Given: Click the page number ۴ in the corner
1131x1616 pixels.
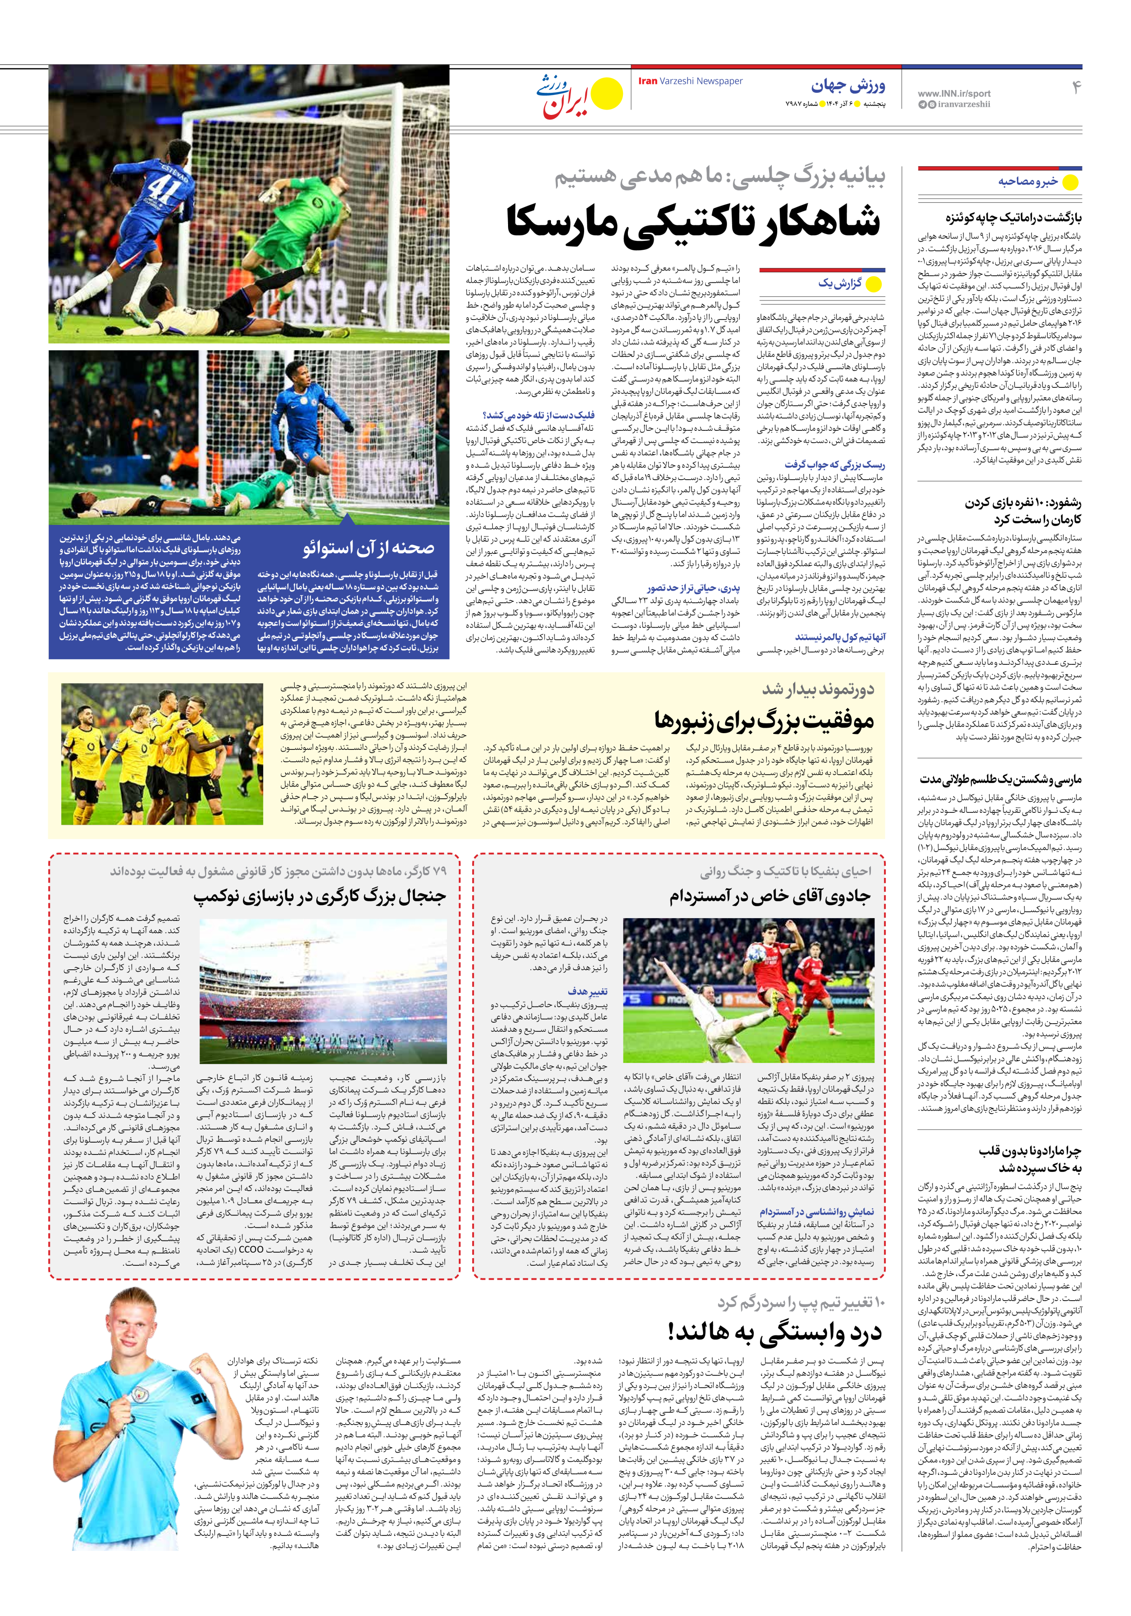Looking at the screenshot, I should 1075,88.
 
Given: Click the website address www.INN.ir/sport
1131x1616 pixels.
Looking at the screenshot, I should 954,93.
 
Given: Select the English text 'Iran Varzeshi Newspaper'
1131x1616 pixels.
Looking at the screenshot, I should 690,81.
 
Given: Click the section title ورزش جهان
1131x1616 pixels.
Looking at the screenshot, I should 848,86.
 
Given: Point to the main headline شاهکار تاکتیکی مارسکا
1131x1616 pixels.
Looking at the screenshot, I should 693,220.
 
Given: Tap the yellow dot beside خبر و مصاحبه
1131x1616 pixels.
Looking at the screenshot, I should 1070,182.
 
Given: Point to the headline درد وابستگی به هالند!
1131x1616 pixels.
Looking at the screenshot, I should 774,1332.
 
